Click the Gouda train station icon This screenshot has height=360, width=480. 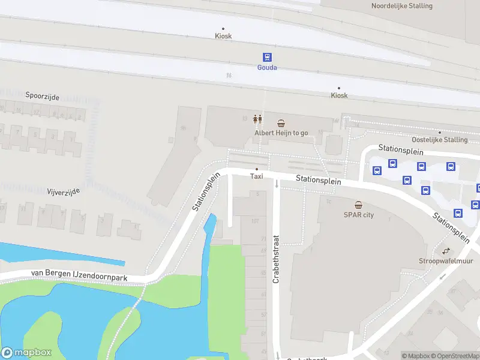[x=267, y=57]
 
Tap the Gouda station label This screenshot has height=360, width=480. [x=267, y=68]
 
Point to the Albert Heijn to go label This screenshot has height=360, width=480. [x=281, y=133]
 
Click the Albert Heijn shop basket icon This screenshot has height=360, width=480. [x=281, y=122]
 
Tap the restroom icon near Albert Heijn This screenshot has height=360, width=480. [x=258, y=119]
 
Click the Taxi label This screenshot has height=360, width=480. [x=257, y=176]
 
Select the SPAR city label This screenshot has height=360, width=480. [x=358, y=215]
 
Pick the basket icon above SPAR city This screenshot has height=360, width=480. [x=358, y=205]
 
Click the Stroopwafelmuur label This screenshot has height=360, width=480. [x=446, y=261]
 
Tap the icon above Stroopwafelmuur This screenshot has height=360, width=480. [x=446, y=251]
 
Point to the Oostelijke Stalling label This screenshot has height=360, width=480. [x=440, y=140]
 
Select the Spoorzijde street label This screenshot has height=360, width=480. [x=43, y=95]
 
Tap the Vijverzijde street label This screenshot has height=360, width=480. [x=64, y=191]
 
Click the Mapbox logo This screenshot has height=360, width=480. [x=26, y=353]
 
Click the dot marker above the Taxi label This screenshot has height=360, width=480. [x=257, y=169]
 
